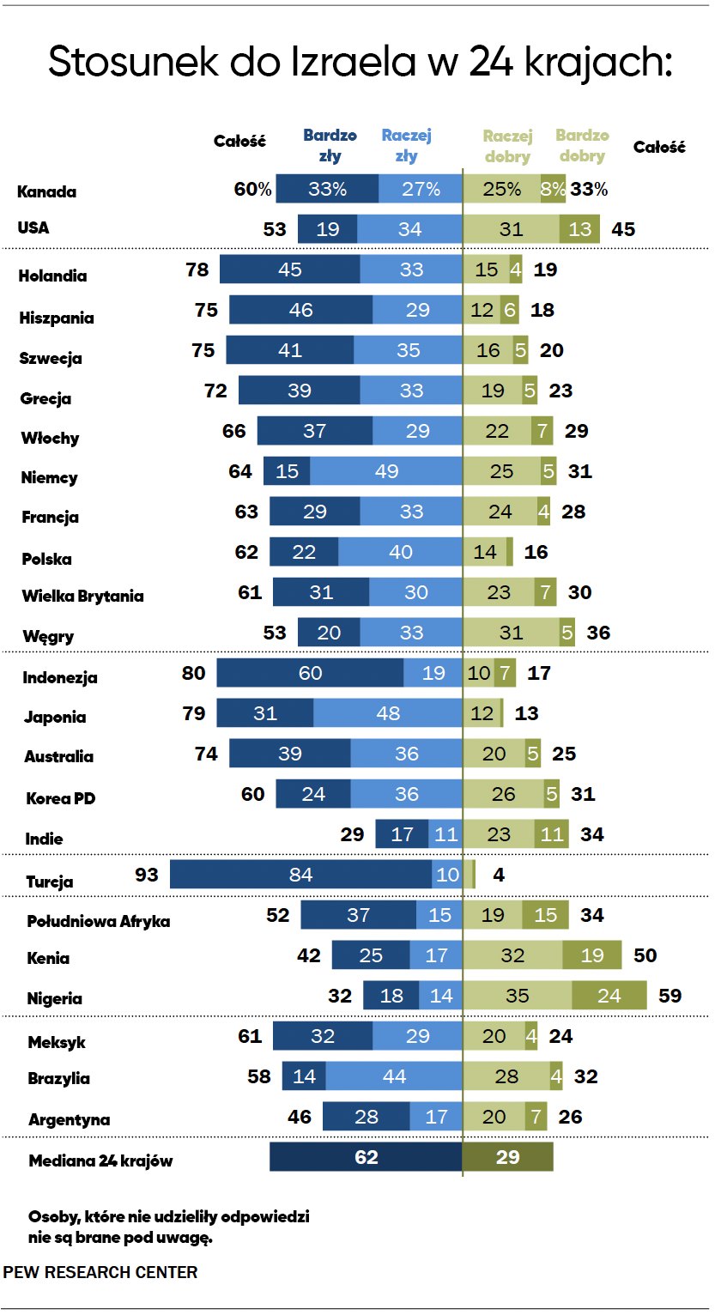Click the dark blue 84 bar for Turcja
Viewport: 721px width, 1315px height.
[301, 875]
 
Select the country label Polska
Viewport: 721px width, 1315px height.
[46, 559]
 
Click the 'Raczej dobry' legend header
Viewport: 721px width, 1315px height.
[507, 146]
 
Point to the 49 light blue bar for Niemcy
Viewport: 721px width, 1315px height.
[386, 471]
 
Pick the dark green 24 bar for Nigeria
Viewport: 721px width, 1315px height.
[609, 996]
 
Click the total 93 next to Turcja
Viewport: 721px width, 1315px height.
[147, 876]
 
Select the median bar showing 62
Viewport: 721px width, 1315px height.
[366, 1157]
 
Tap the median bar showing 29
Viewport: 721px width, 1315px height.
[508, 1157]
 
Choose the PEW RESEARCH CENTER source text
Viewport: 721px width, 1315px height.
[100, 1272]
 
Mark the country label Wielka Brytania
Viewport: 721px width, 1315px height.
[82, 596]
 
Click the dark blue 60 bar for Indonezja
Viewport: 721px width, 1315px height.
[310, 673]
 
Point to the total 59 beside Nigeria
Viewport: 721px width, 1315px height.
[669, 996]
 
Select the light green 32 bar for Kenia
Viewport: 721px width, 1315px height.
[512, 955]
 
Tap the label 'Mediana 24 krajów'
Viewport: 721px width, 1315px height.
[100, 1161]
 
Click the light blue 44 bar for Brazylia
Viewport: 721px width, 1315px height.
[394, 1076]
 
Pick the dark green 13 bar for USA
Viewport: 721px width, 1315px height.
[580, 229]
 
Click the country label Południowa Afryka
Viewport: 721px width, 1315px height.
[99, 921]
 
